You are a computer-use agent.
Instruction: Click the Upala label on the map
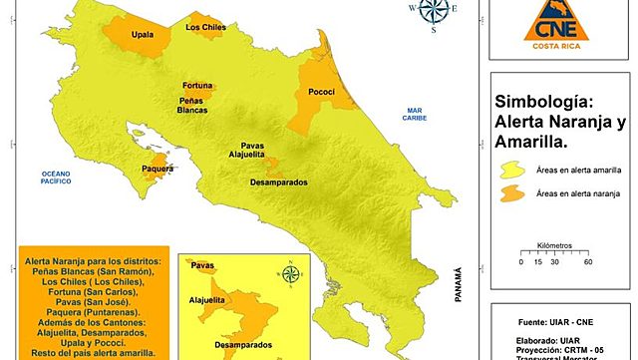pos(143,35)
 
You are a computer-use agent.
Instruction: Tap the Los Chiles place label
pos(205,28)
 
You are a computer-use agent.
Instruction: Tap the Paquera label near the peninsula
pos(158,170)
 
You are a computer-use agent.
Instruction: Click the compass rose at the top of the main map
pos(433,12)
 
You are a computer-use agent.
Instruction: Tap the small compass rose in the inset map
pos(291,274)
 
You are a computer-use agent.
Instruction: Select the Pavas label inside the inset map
pos(203,266)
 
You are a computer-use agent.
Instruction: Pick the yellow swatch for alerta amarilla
pos(512,170)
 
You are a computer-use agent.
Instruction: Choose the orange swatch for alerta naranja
pos(512,193)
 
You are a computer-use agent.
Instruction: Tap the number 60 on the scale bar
pos(588,262)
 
